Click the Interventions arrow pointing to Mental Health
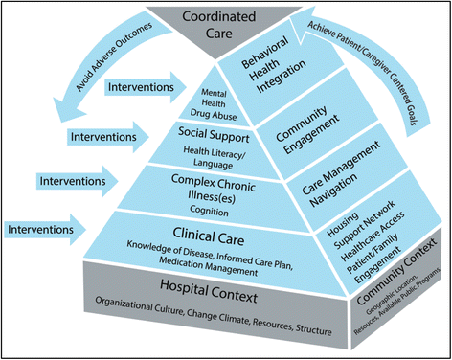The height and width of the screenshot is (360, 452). point(140,87)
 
